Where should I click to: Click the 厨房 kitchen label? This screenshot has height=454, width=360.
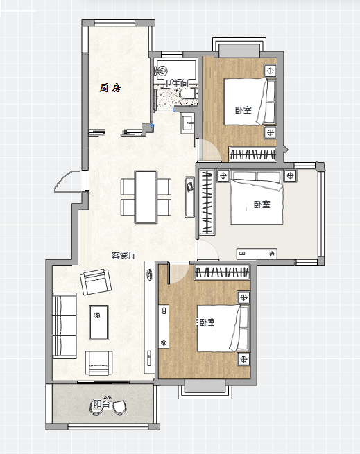[x=110, y=88]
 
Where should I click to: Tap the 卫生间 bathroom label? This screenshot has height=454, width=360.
[x=176, y=84]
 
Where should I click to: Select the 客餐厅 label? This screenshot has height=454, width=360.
[x=124, y=255]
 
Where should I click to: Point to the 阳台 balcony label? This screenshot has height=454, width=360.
[x=102, y=403]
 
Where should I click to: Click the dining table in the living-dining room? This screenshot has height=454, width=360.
[x=146, y=197]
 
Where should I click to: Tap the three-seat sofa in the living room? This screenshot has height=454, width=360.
[x=65, y=326]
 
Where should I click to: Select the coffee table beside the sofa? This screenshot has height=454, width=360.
[x=98, y=322]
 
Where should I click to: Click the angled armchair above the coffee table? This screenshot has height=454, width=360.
[x=96, y=281]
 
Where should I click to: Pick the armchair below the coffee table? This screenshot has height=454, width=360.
[x=98, y=363]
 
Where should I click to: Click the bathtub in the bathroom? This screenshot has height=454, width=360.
[x=176, y=70]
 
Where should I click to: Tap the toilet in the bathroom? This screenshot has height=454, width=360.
[x=189, y=94]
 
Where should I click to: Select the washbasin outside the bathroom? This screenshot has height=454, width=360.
[x=188, y=123]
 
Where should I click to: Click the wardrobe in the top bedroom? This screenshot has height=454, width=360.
[x=252, y=154]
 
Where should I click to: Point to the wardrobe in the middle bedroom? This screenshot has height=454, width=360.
[x=207, y=202]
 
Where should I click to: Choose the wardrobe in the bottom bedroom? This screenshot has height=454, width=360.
[x=222, y=272]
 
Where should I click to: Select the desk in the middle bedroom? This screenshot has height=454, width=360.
[x=257, y=254]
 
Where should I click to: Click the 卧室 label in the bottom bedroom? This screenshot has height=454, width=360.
[x=207, y=322]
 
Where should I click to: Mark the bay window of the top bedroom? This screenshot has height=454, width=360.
[x=239, y=48]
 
